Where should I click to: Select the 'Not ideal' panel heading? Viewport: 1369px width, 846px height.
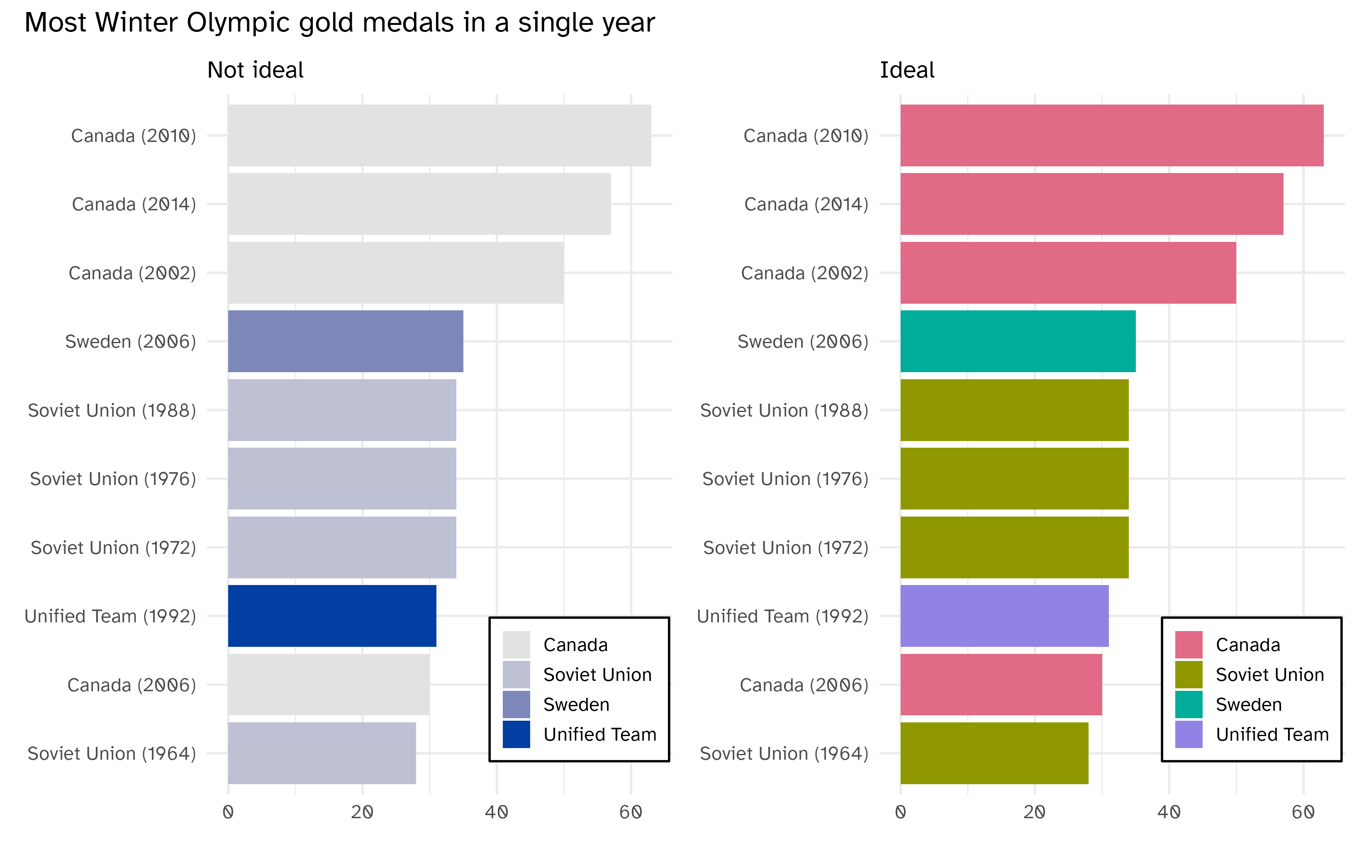[x=255, y=71]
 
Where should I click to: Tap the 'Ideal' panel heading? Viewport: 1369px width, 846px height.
[x=906, y=71]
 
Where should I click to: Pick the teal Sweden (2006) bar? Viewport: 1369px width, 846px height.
[x=1018, y=341]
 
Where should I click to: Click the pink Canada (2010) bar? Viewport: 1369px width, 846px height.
[x=1112, y=135]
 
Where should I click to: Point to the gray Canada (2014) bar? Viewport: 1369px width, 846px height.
[x=419, y=204]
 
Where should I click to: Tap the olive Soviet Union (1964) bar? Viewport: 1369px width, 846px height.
[x=994, y=753]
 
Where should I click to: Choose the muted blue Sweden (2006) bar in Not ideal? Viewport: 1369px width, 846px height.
[x=345, y=341]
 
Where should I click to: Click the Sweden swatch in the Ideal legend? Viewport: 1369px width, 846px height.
[x=1188, y=705]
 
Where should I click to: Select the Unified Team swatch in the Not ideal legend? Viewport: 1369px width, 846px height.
[x=516, y=734]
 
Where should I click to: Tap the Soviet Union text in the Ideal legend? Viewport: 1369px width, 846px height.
[x=1269, y=675]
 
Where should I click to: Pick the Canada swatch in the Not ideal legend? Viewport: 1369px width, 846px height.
[x=516, y=645]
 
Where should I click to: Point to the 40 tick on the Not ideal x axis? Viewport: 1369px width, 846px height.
[x=496, y=812]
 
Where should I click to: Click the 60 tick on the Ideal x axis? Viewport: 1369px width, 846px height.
[x=1303, y=812]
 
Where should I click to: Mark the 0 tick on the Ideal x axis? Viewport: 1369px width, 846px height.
[x=900, y=812]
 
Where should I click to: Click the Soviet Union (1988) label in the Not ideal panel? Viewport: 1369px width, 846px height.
[x=112, y=410]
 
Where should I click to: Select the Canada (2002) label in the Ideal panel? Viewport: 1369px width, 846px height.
[x=804, y=273]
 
